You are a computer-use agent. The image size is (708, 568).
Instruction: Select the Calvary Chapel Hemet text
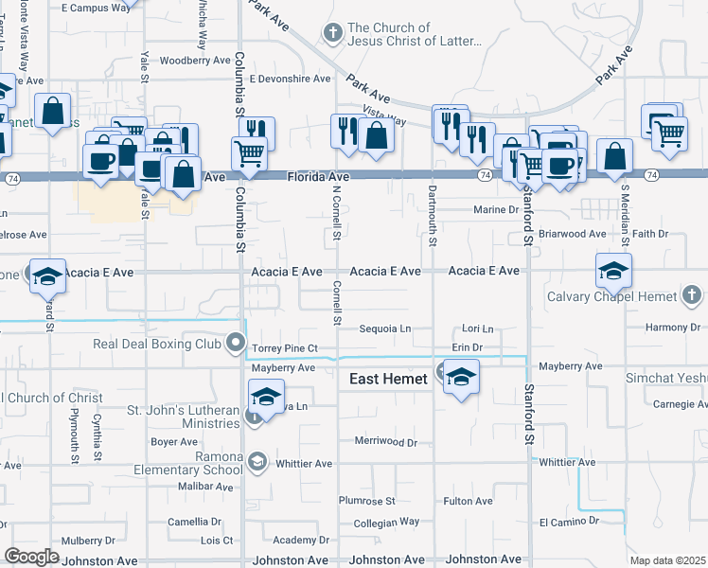pos(612,296)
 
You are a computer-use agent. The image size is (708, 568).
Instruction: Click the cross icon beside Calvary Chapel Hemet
pos(692,296)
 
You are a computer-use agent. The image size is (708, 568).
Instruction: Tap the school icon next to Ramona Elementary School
pos(256,461)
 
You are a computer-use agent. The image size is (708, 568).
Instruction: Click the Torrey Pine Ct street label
pos(284,348)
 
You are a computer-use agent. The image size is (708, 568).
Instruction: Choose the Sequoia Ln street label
pos(385,329)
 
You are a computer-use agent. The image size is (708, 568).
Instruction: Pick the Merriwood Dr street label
pos(385,442)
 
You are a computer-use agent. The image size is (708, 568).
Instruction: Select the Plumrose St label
pos(366,501)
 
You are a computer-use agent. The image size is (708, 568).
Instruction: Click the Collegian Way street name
pos(385,522)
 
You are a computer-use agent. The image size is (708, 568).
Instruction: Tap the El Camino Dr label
pos(569,522)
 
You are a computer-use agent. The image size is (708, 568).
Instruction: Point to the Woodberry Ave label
pos(196,60)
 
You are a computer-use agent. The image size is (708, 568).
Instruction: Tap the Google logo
pos(31,557)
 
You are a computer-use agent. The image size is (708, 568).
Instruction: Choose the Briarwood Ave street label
pos(572,234)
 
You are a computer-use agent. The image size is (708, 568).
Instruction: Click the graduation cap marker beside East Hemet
pos(462,378)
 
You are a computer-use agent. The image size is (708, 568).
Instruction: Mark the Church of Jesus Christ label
pos(415,35)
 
